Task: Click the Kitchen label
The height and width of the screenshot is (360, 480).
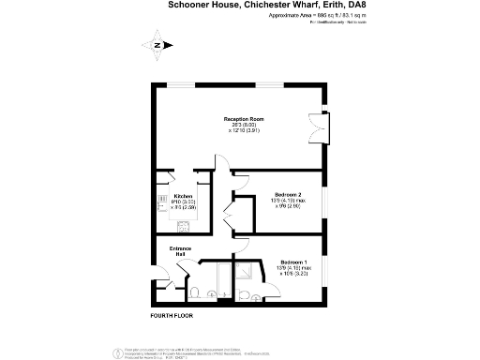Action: [x=183, y=196]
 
